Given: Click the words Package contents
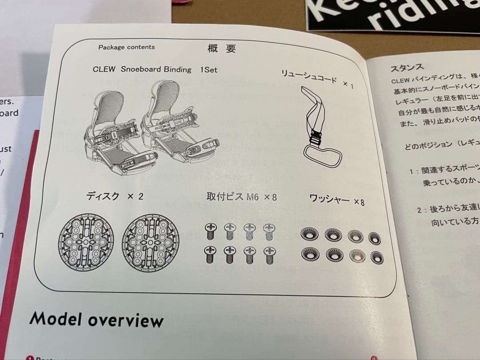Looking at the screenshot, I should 127,47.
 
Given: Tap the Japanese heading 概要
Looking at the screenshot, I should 222,49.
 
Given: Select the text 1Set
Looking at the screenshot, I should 209,70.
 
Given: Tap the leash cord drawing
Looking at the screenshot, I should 320,129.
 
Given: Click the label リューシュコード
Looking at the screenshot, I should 308,76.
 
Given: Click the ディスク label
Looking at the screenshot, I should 103,196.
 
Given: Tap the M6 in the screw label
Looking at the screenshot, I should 252,197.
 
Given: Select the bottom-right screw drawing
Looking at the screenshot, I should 268,256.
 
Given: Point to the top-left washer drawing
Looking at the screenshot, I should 309,234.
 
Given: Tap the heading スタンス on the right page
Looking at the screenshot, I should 407,68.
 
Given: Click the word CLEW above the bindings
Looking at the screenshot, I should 104,69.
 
